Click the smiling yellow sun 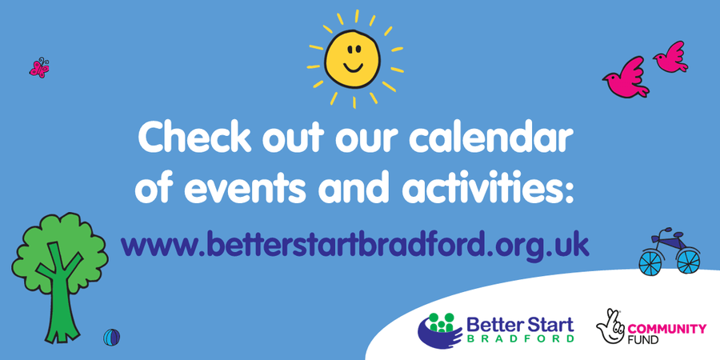tap(353, 58)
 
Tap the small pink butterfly tap(39, 68)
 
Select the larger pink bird tap(626, 77)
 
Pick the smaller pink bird tap(671, 57)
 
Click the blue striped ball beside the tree tap(111, 338)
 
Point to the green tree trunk tap(58, 298)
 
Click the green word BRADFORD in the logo tap(520, 338)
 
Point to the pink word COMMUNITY tap(666, 329)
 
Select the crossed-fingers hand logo tap(610, 326)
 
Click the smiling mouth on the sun tap(353, 67)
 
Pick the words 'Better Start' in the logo tap(520, 324)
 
